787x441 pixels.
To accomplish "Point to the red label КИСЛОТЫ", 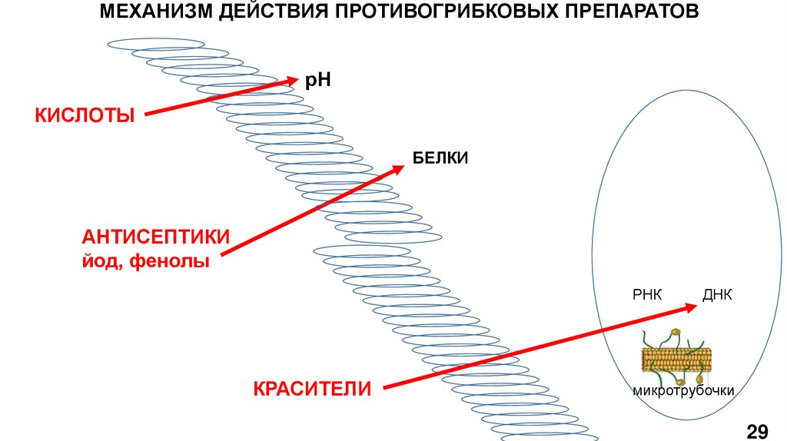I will coord(85,115).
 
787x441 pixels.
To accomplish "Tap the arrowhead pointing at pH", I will coord(292,79).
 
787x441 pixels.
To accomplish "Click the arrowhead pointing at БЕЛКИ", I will coord(397,168).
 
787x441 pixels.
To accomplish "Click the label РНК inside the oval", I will coord(647,295).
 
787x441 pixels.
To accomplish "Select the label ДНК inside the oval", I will coord(717,295).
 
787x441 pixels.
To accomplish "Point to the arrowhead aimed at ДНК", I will coord(689,307).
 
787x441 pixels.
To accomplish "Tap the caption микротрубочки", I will coord(684,391).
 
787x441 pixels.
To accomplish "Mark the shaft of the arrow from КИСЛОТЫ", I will coord(215,98).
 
